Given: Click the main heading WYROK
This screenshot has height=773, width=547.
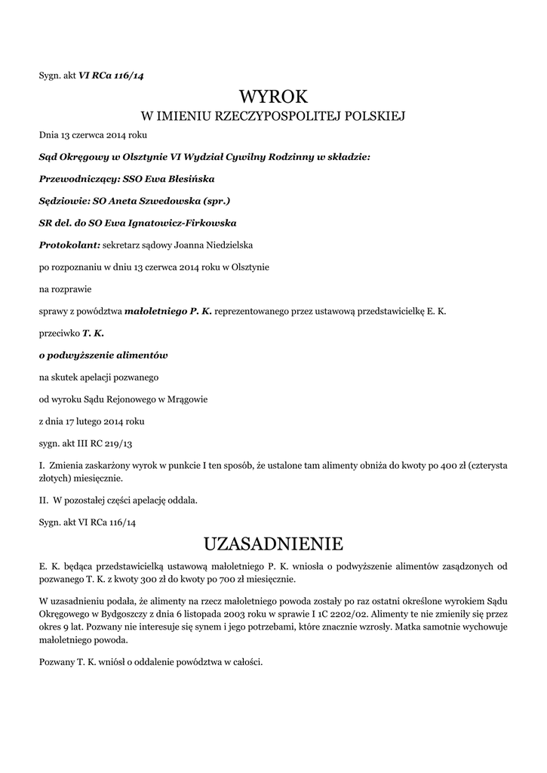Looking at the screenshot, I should pos(273,97).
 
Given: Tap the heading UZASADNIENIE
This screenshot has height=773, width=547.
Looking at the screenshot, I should pos(273,544).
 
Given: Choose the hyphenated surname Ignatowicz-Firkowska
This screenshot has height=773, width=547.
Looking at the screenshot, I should pos(179,223).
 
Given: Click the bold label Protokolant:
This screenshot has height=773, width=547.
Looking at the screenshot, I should pos(69,245).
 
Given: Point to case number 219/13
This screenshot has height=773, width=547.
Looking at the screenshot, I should pos(116,443).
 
